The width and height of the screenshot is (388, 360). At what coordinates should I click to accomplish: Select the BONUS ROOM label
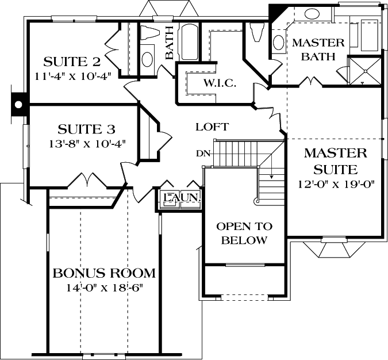tap(104, 273)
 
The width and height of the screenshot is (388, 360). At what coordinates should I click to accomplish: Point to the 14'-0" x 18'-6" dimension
tap(104, 287)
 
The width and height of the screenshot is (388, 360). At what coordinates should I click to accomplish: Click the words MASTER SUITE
tap(336, 161)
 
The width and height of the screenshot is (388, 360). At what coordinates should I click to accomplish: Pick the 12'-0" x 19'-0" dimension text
tap(336, 185)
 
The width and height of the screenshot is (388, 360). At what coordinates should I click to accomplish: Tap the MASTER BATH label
tap(318, 49)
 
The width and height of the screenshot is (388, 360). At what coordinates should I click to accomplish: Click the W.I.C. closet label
tap(216, 83)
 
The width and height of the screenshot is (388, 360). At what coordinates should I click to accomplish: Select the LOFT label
tap(212, 127)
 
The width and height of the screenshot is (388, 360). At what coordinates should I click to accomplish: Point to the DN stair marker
tap(202, 153)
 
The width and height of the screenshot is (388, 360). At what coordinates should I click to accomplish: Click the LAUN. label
tap(182, 197)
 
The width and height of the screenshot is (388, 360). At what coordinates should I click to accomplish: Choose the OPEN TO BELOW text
tap(244, 233)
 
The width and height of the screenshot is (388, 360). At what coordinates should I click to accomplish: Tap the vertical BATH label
tap(170, 43)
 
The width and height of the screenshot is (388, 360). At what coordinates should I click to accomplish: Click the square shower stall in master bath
tap(364, 72)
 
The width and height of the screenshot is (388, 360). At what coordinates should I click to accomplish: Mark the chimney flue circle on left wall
tap(18, 105)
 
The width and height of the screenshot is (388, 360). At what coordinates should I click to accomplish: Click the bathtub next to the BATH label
tap(187, 41)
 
